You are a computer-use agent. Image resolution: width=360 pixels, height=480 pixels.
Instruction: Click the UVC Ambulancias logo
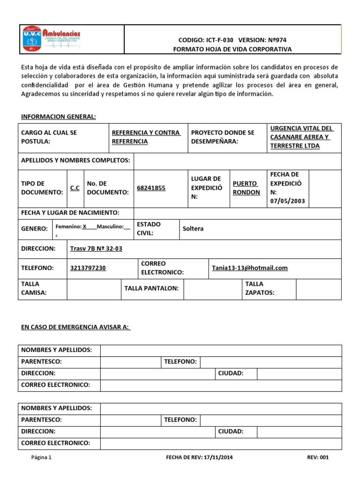52,39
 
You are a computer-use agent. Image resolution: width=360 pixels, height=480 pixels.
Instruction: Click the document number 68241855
151,188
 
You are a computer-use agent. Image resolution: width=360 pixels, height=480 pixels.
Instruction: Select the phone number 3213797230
88,268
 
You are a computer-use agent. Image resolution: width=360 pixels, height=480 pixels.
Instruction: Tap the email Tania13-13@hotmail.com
249,268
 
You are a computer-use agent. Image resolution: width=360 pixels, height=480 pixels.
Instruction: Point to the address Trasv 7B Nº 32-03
96,248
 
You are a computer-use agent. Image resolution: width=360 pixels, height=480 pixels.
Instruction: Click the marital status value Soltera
193,229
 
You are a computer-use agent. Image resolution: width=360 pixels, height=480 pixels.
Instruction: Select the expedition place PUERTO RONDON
247,188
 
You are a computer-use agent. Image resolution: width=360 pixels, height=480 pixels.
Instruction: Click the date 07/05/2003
287,201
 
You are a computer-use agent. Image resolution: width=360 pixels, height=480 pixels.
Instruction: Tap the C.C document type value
75,188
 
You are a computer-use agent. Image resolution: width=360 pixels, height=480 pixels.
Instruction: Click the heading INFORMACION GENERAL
59,116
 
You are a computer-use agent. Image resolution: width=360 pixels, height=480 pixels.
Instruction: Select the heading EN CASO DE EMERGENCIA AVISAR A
75,327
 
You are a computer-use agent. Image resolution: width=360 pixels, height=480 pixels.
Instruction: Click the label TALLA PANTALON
151,288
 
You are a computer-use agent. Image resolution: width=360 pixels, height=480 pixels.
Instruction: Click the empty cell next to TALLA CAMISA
94,289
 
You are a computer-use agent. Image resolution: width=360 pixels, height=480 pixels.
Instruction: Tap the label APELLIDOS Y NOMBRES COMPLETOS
75,160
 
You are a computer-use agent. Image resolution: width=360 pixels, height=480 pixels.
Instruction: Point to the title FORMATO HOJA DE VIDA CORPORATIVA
232,49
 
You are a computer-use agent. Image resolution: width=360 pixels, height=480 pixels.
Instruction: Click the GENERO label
35,229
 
